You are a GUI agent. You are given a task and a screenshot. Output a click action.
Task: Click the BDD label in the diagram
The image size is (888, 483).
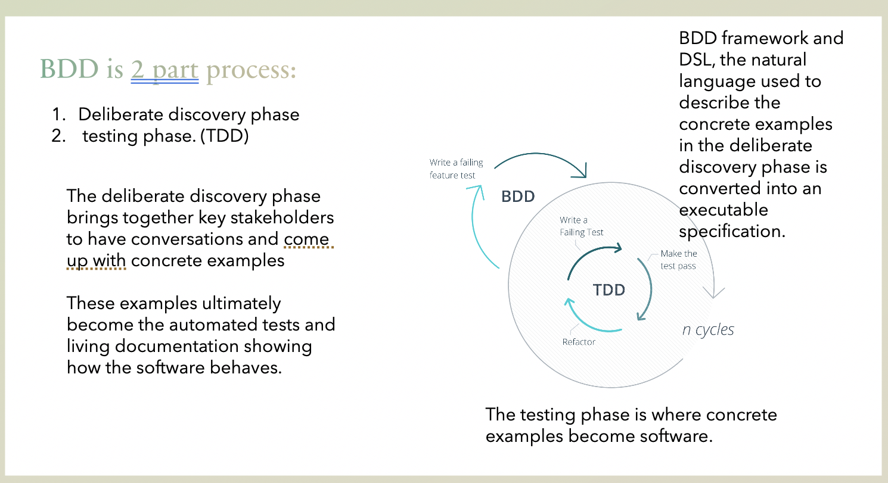click(x=518, y=197)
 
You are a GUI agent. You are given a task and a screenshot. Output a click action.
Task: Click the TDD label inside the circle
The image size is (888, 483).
click(x=609, y=290)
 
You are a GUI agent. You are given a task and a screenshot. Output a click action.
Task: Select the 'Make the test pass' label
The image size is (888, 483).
click(x=678, y=260)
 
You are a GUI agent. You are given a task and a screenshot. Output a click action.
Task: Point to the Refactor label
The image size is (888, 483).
click(x=579, y=342)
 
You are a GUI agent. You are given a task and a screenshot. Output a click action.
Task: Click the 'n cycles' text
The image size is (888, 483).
click(x=708, y=329)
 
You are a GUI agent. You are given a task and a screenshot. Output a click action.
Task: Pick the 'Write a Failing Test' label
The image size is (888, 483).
click(x=582, y=226)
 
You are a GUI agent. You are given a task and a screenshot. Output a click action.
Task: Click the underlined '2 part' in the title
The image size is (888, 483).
click(x=164, y=70)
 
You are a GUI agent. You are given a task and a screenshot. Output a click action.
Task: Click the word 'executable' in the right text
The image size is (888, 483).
click(x=724, y=210)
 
